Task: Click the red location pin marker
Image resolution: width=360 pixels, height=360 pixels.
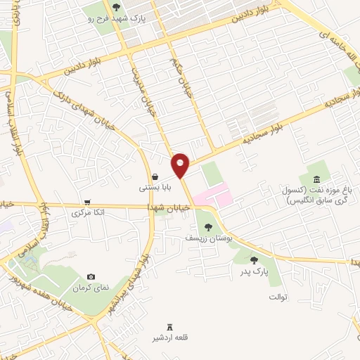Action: coord(181,165)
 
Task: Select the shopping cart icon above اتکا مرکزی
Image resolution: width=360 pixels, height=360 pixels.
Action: coord(87,201)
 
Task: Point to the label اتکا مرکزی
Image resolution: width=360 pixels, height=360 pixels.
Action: coord(88,212)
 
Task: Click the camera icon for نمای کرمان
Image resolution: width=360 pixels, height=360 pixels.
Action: coord(91,278)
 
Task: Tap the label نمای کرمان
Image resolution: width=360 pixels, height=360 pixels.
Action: coord(91,289)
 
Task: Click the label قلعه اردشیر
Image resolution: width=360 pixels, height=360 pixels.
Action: coord(169,339)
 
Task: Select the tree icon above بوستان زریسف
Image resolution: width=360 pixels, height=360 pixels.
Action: coord(207,226)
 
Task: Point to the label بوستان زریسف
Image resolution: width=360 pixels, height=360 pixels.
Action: coord(208,238)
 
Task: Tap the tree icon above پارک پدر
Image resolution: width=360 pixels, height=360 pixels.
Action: coord(254,259)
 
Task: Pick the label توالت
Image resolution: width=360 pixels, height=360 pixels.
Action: coord(278,297)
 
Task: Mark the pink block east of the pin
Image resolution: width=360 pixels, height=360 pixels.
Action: coord(213,194)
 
